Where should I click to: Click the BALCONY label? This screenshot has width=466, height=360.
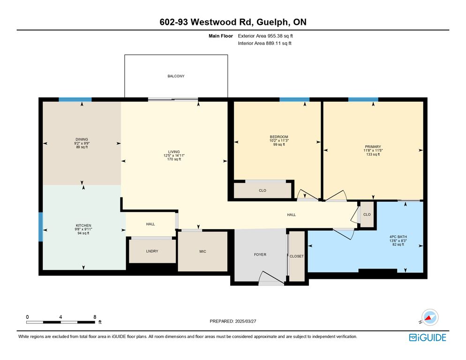(x=176, y=76)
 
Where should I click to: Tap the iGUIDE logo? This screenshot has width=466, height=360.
(x=428, y=337)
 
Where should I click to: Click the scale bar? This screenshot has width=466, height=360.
(x=60, y=322)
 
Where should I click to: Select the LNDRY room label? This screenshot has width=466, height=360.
(x=152, y=251)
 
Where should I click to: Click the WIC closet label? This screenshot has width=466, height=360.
(x=203, y=252)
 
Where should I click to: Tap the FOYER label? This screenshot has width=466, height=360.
(x=260, y=255)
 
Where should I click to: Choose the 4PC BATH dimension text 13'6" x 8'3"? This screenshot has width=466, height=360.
(x=398, y=241)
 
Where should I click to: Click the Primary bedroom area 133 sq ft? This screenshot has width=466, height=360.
(x=373, y=154)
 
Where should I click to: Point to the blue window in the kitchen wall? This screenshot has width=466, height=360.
(x=41, y=227)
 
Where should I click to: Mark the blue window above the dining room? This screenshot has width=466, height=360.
(x=75, y=99)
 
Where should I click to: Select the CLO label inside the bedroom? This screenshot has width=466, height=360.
(x=263, y=191)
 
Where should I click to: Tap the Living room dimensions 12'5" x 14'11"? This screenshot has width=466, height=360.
(x=174, y=156)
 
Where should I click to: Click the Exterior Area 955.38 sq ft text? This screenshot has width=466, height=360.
(x=265, y=36)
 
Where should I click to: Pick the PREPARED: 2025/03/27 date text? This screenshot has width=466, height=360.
(x=233, y=322)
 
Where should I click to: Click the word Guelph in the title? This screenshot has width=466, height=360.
(x=272, y=22)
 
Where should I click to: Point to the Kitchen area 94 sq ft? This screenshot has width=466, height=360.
(x=83, y=233)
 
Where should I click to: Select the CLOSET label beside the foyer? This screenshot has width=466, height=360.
(x=297, y=256)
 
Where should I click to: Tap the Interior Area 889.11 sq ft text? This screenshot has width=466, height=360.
(x=264, y=44)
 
